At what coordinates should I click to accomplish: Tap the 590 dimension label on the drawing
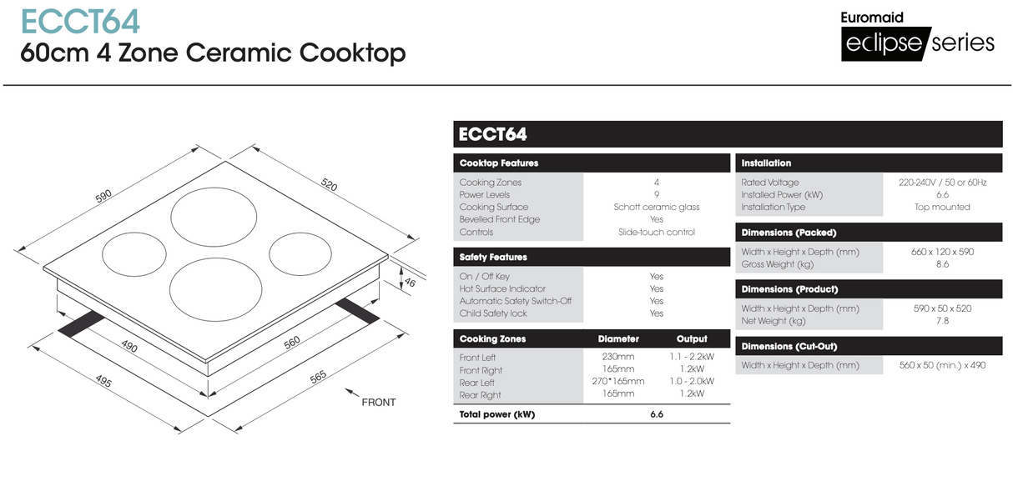tap(103, 197)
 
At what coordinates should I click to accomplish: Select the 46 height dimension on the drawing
tap(410, 283)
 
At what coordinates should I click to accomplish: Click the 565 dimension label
tap(318, 378)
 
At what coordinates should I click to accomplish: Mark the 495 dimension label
tap(103, 383)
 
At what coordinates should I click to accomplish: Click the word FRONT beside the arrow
tap(378, 403)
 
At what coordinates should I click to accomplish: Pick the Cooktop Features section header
tap(499, 163)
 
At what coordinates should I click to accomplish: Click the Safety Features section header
tap(493, 258)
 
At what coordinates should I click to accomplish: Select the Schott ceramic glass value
tap(657, 207)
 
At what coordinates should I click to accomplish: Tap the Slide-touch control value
tap(657, 232)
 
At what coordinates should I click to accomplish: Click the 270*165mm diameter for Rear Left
tap(617, 381)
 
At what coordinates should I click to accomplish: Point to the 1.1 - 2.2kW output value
tap(692, 357)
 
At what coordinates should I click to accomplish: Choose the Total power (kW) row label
tap(497, 414)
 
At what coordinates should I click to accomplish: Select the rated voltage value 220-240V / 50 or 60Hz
tap(942, 182)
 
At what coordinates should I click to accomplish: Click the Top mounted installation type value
tap(942, 207)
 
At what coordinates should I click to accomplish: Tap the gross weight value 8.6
tap(942, 264)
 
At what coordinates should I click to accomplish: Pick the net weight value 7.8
tap(942, 321)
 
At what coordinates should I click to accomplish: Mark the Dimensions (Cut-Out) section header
tap(789, 346)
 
